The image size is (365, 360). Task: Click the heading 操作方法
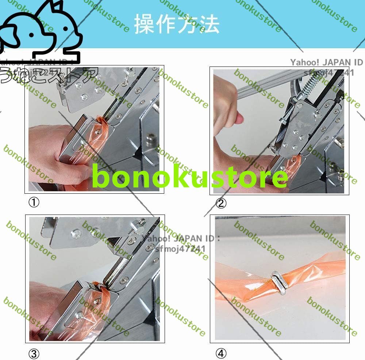point(177,24)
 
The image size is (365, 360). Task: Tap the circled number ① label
point(34,202)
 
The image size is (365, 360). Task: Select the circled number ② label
point(221,203)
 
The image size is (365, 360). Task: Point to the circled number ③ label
point(34,354)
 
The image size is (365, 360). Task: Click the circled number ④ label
point(221,353)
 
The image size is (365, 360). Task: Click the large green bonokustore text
point(190,177)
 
